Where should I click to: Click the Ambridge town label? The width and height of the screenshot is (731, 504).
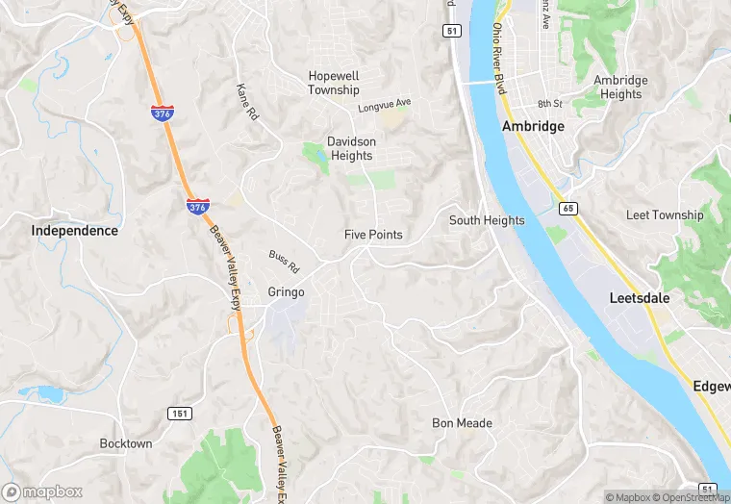coord(532,127)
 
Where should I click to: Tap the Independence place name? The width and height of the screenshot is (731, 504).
coord(74,231)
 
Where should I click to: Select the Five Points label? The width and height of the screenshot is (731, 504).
coord(373,235)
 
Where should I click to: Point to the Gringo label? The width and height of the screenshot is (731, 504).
coord(286,292)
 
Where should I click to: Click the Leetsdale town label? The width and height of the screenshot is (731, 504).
coord(640,298)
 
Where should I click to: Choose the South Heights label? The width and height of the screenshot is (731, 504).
coord(487,220)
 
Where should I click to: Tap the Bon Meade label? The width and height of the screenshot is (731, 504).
coord(462,423)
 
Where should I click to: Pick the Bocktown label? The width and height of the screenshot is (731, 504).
coord(126,443)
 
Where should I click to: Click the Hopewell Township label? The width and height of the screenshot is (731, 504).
coord(334,83)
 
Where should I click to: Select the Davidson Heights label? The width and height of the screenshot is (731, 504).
coord(350,148)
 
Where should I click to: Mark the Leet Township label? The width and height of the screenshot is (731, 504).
coord(665,214)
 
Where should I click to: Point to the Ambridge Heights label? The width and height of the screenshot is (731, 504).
coord(620,88)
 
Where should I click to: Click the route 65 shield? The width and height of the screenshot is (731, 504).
coord(567,208)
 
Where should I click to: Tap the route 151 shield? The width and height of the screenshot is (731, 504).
coord(179,414)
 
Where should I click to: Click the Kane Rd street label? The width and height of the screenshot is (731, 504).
coord(248,101)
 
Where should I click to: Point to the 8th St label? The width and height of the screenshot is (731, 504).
coord(549,103)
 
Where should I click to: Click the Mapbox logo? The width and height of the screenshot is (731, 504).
coord(42,491)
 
